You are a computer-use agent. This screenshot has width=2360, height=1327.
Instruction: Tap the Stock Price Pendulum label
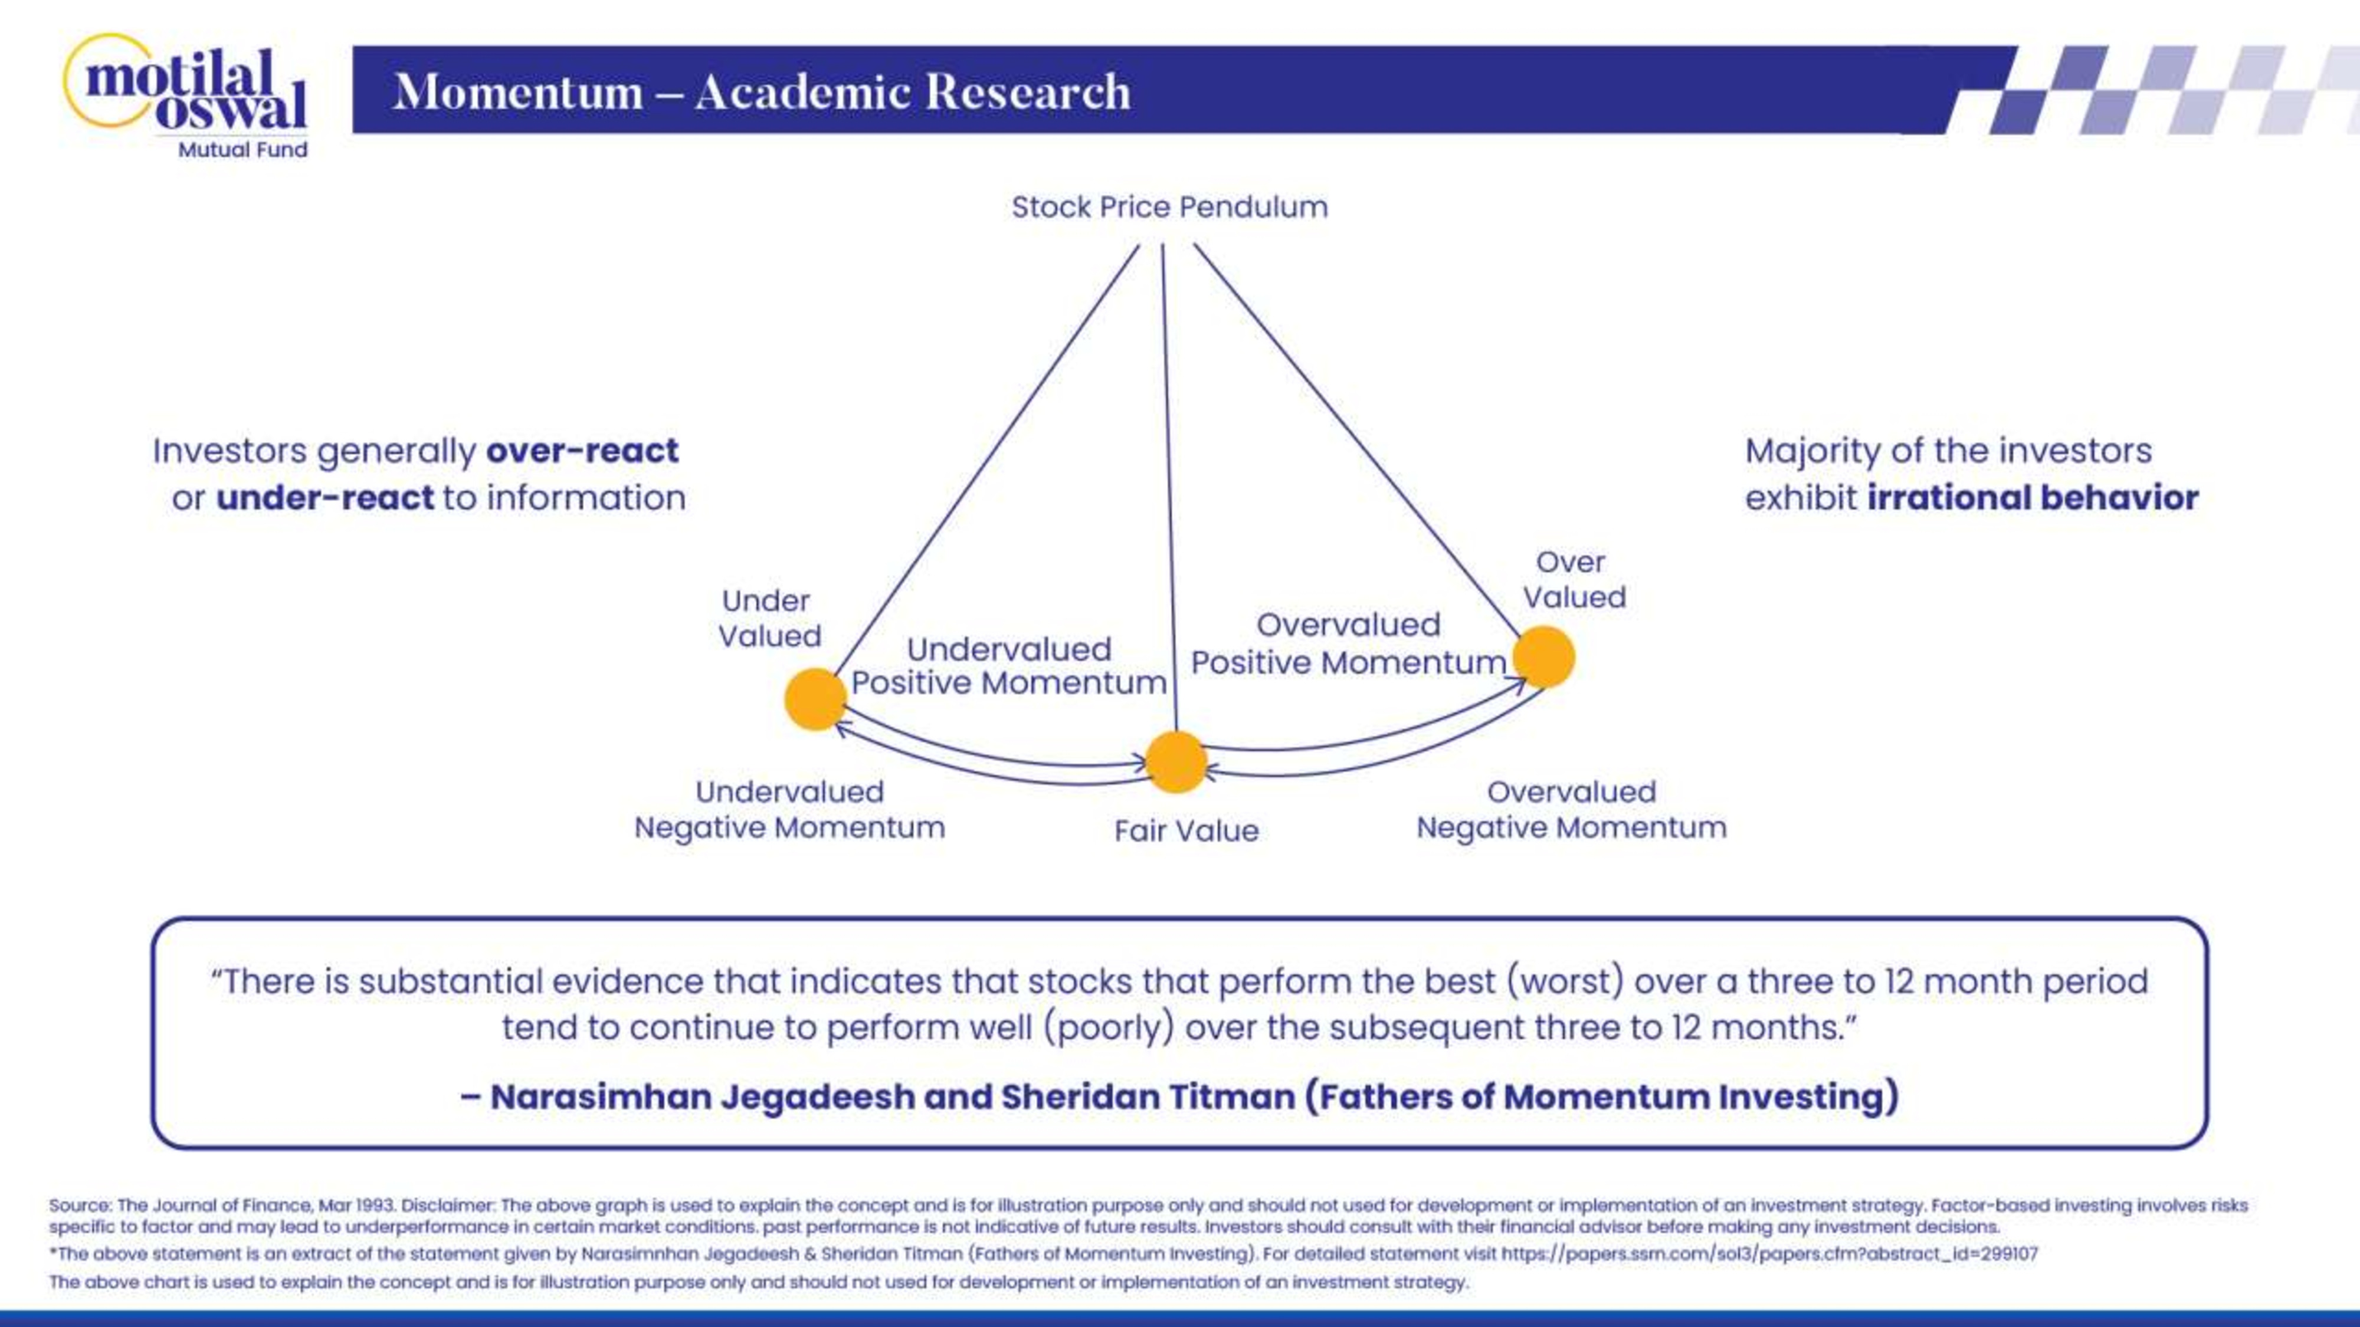1169,207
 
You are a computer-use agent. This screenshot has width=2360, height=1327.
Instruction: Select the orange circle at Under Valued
814,699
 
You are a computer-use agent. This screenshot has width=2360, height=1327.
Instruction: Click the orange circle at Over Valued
1543,656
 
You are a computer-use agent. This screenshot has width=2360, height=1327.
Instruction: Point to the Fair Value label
1186,830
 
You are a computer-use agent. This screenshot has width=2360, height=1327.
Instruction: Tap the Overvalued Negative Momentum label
1571,810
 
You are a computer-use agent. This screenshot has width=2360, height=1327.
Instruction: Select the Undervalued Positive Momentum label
1009,666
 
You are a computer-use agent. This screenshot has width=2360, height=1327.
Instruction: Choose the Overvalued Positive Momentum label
1349,644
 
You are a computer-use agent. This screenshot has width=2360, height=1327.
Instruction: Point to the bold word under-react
324,498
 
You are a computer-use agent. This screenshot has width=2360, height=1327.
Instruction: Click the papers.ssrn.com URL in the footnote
1769,1254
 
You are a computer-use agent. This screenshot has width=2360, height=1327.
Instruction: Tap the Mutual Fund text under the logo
242,150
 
